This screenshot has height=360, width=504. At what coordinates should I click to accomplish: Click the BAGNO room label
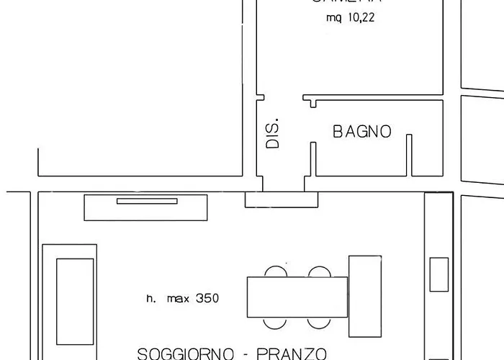click(362, 132)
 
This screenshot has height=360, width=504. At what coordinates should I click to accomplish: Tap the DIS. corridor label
click(273, 134)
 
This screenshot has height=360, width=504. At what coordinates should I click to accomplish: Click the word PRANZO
click(293, 354)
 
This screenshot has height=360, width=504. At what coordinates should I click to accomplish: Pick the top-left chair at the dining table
click(275, 272)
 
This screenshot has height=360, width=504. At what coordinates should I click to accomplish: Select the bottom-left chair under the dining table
click(275, 323)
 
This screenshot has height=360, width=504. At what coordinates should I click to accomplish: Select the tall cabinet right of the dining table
click(364, 295)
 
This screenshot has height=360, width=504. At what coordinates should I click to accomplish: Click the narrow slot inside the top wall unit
click(147, 201)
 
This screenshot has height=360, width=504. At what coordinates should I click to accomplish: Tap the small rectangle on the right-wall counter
click(438, 274)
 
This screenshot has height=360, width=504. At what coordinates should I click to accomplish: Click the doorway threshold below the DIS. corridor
click(281, 199)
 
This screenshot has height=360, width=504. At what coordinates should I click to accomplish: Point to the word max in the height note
click(177, 298)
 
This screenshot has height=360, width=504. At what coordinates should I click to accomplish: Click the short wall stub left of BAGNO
click(313, 159)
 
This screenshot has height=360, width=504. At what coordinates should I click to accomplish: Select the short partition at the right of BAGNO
click(409, 155)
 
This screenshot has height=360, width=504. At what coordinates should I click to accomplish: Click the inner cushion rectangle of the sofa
click(75, 302)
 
